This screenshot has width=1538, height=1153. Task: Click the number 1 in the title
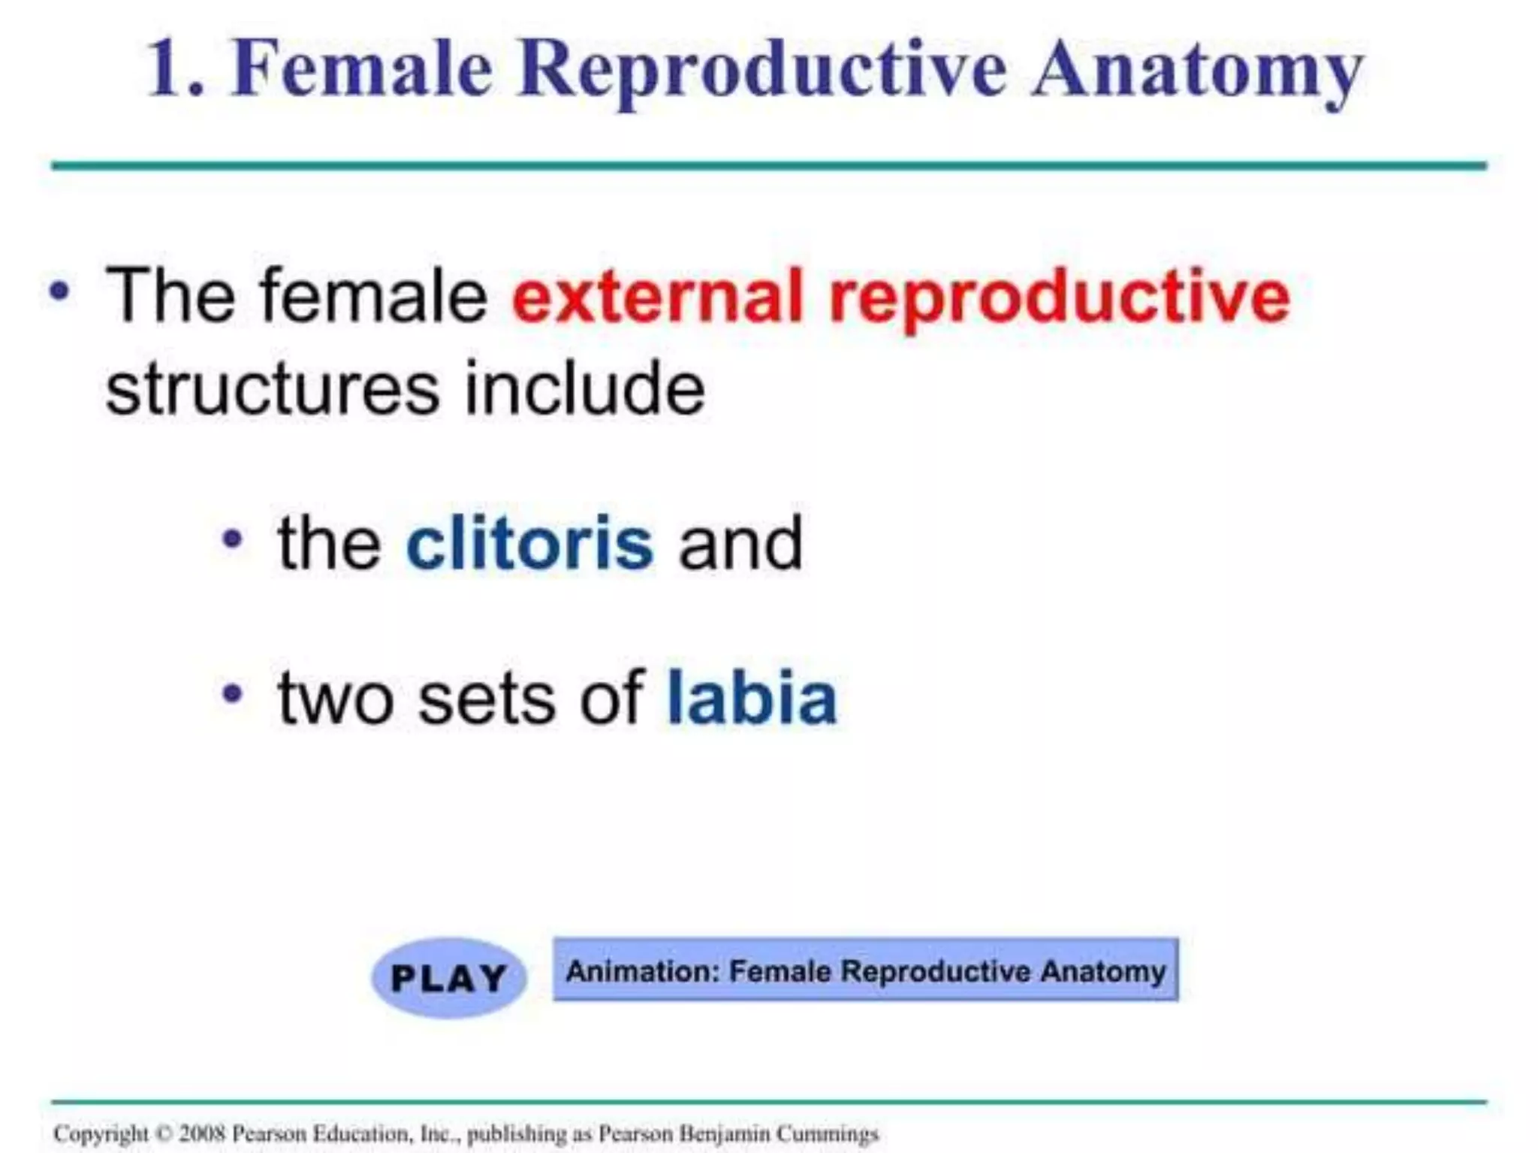[x=166, y=69]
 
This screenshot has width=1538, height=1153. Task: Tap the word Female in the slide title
[x=361, y=69]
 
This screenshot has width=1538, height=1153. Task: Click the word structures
[x=272, y=390]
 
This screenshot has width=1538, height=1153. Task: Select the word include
[x=584, y=388]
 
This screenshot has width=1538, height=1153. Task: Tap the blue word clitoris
[x=529, y=543]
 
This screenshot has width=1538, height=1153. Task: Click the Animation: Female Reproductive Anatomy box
[x=865, y=970]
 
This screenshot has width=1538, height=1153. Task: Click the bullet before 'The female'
[x=59, y=291]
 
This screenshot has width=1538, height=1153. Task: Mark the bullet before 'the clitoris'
[x=233, y=539]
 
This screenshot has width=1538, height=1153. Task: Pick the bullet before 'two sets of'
[x=233, y=693]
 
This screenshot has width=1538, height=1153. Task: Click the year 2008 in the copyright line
[x=202, y=1133]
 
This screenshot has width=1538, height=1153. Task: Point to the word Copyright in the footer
[x=101, y=1133]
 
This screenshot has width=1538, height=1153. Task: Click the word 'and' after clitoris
[x=740, y=545]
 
